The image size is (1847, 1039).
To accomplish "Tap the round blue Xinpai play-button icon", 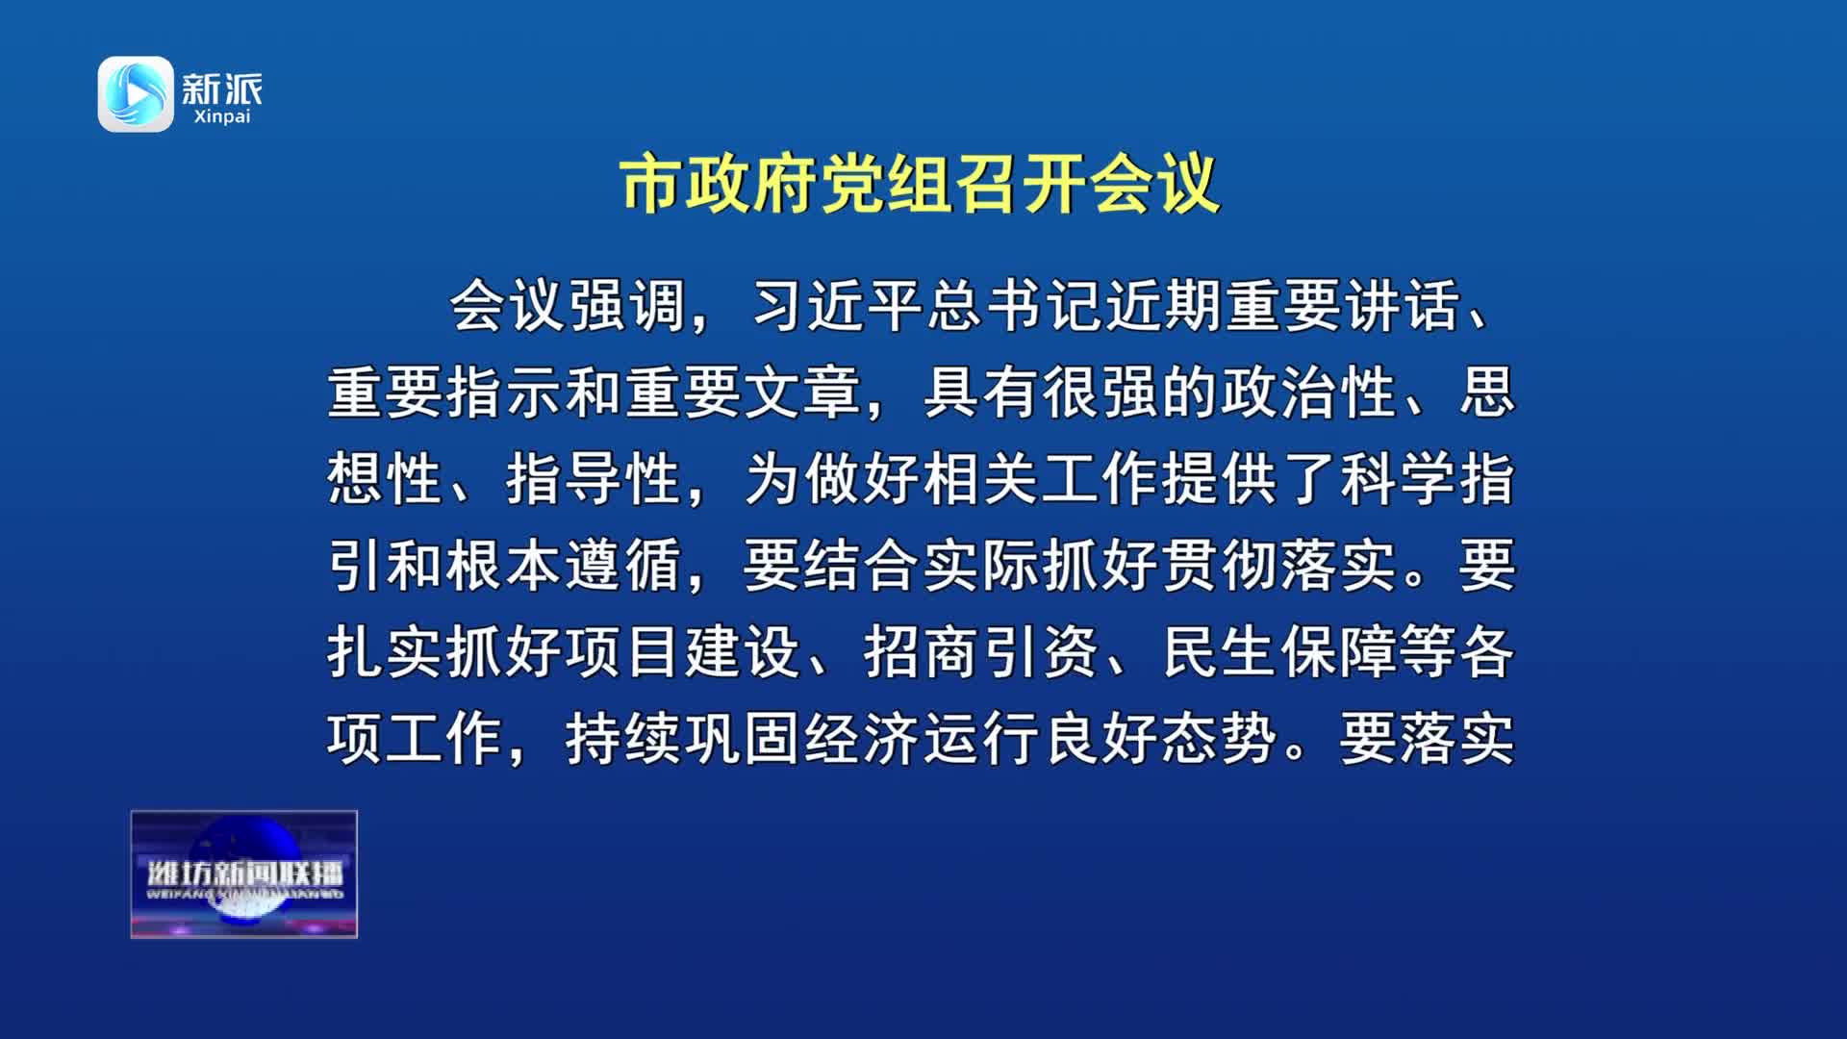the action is click(136, 94).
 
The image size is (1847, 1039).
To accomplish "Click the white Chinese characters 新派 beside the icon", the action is click(221, 89).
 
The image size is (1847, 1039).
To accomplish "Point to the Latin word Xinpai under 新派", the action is click(221, 117).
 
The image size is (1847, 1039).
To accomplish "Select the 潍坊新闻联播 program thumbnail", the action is click(244, 874).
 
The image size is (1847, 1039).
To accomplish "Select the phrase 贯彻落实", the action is click(1279, 566).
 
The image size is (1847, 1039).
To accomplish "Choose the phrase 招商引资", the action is click(981, 652).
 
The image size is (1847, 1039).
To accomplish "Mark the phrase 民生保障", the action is click(1279, 652).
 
